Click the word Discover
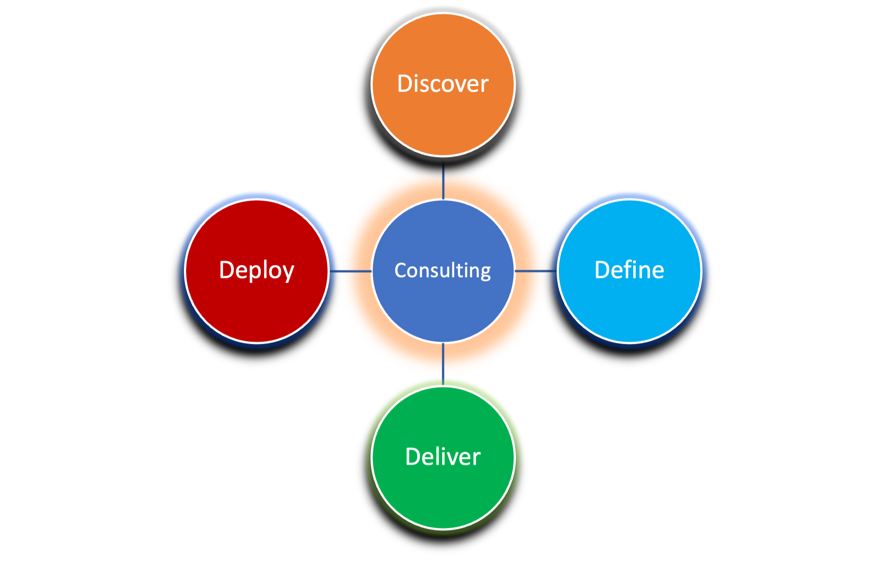point(443,84)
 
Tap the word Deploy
point(256,270)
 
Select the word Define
point(629,270)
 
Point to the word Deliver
point(443,457)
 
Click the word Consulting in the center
point(443,270)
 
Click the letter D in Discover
point(405,84)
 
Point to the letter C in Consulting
point(401,270)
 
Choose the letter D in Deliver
point(413,457)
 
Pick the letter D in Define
point(602,270)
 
